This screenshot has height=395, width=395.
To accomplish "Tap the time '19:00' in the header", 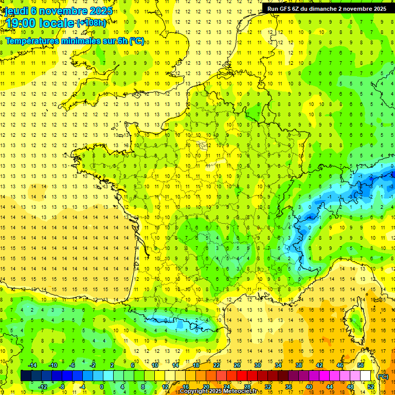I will [x=21, y=23].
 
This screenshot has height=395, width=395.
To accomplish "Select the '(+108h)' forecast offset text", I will [x=91, y=23].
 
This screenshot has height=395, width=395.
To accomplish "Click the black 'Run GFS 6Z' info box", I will [x=327, y=9].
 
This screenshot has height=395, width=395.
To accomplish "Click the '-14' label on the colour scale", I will [x=31, y=365].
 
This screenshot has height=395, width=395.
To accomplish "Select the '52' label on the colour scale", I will [x=371, y=387].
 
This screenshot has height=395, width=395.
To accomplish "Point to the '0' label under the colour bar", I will [x=102, y=387].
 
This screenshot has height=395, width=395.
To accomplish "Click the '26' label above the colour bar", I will [x=237, y=365].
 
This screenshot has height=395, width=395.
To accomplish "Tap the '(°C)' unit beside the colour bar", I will [x=383, y=376].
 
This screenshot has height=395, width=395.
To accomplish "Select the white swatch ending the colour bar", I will [x=366, y=376].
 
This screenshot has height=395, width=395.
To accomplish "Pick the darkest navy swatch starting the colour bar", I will [x=26, y=376].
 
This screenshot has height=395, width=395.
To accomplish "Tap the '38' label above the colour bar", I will [x=298, y=365].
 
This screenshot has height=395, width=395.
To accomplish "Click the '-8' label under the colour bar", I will [x=62, y=387].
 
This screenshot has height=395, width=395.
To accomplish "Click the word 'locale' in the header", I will [x=59, y=23].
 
